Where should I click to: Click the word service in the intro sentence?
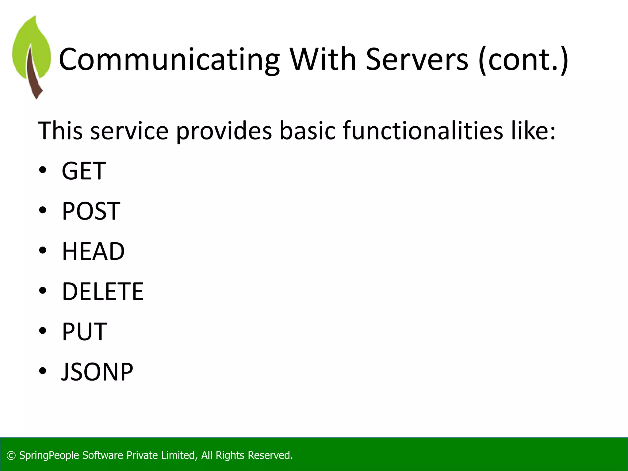[129, 131]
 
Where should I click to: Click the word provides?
[224, 131]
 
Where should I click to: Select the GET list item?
[84, 171]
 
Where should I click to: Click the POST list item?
[91, 211]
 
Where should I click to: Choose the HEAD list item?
[93, 251]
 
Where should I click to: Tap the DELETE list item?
[103, 291]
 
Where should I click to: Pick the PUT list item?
[84, 331]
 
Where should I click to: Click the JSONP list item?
[97, 372]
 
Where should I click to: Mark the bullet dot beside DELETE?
[43, 290]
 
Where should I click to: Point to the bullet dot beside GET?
[43, 170]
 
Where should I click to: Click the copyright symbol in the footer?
[11, 456]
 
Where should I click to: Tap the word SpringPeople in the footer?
[49, 455]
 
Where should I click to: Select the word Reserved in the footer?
[270, 455]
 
